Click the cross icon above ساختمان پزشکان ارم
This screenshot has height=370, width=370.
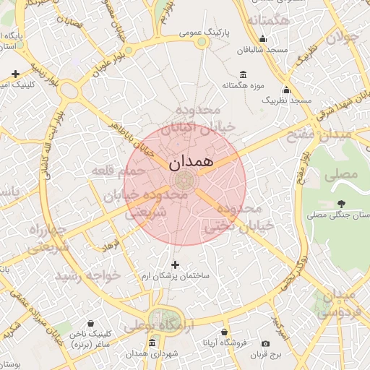(x=175, y=264)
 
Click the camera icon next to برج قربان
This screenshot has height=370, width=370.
(x=265, y=343)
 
